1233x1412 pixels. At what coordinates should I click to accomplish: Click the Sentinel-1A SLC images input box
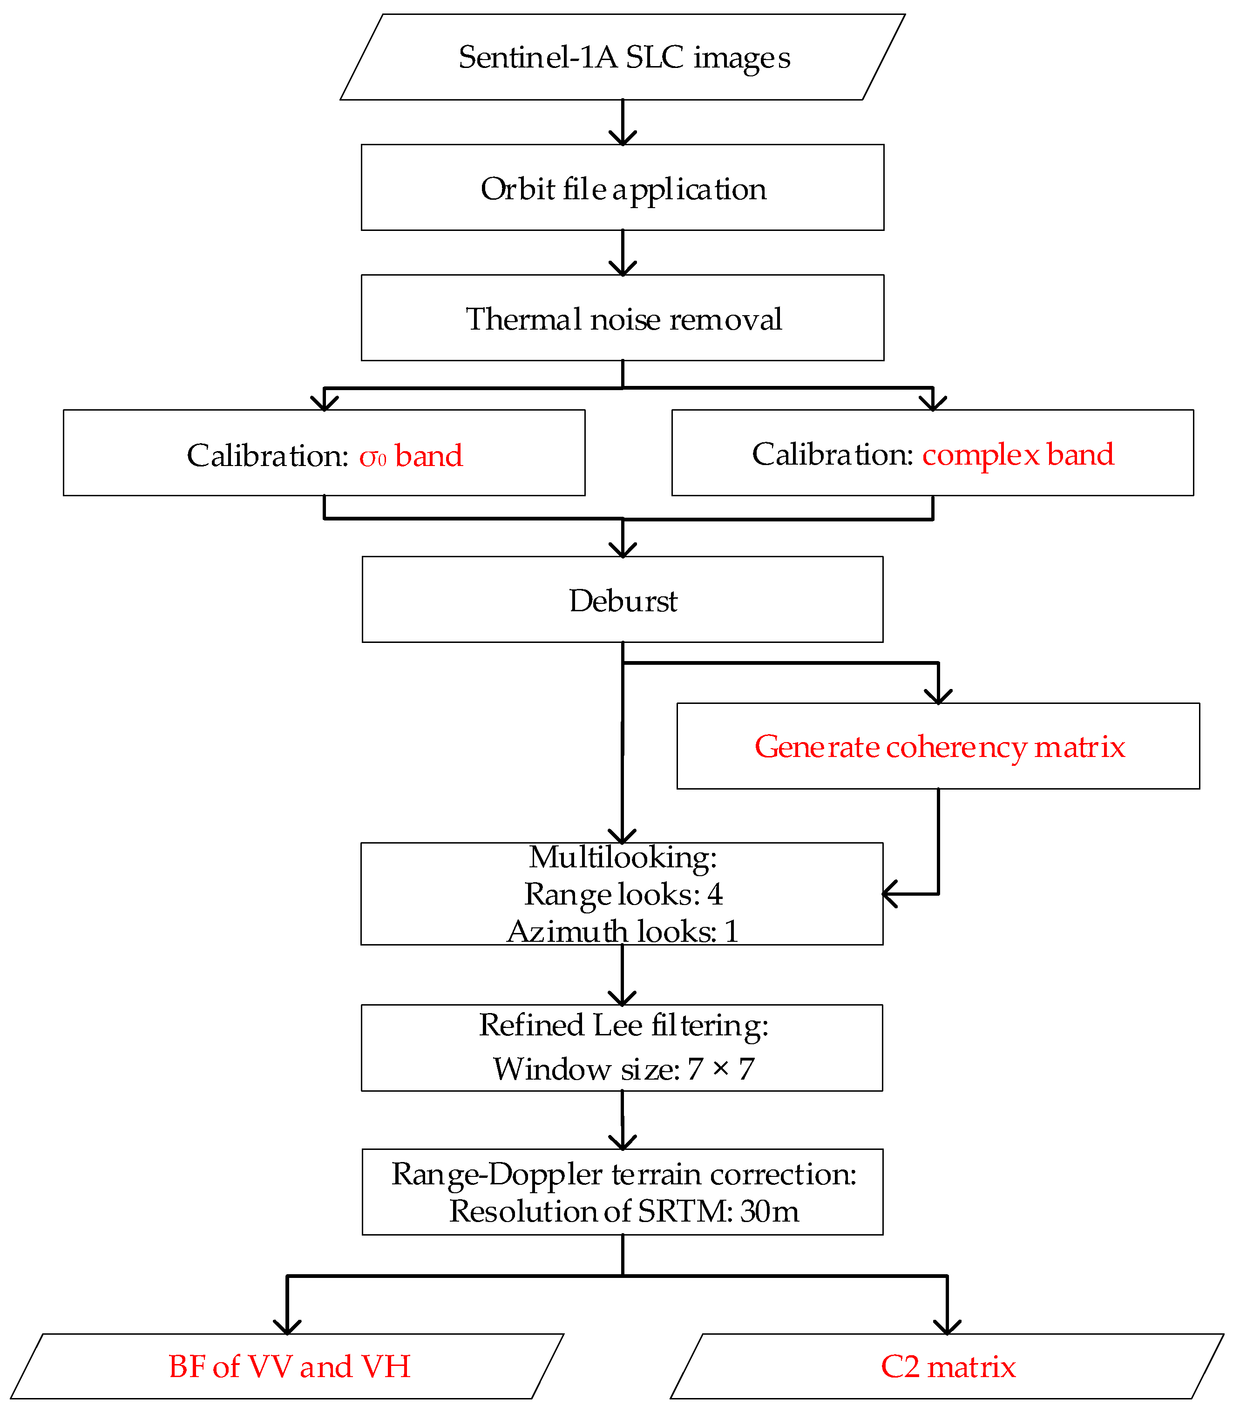coord(623,57)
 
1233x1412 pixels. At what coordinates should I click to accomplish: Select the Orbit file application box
coord(623,188)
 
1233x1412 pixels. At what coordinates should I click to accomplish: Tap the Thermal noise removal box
coord(623,318)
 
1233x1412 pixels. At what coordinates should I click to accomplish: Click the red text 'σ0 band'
coord(411,456)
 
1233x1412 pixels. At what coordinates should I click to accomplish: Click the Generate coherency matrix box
coord(939,746)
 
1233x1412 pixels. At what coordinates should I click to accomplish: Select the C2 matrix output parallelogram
coord(948,1366)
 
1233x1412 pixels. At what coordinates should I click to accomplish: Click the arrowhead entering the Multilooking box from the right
coord(889,894)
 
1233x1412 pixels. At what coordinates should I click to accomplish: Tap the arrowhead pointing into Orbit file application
coord(623,137)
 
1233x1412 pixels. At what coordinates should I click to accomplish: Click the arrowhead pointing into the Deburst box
coord(623,550)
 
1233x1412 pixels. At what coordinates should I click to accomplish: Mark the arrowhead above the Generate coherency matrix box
coord(939,697)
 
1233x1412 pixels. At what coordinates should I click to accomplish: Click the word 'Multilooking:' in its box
coord(623,858)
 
